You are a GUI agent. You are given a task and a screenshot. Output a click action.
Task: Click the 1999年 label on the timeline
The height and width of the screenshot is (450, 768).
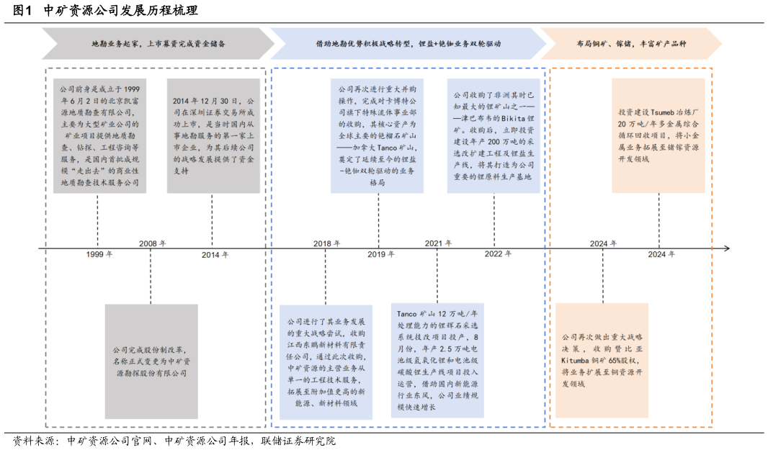pyautogui.click(x=99, y=255)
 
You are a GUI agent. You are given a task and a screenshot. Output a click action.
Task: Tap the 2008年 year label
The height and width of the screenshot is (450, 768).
pyautogui.click(x=152, y=243)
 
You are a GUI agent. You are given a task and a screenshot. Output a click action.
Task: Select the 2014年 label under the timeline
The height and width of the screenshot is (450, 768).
pyautogui.click(x=215, y=255)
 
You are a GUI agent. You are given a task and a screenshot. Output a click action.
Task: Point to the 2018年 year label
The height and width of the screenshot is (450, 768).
pyautogui.click(x=326, y=243)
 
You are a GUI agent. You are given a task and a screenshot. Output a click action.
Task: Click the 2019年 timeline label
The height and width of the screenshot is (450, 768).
pyautogui.click(x=381, y=255)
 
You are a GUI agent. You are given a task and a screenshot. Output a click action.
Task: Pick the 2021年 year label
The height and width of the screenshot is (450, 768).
pyautogui.click(x=438, y=243)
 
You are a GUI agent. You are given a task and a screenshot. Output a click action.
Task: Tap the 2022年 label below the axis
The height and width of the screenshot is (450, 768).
pyautogui.click(x=498, y=255)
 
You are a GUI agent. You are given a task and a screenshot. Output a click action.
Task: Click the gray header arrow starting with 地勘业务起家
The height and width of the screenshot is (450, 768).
pyautogui.click(x=158, y=44)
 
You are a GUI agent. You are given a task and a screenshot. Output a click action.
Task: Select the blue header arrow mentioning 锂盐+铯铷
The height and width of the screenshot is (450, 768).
pyautogui.click(x=408, y=44)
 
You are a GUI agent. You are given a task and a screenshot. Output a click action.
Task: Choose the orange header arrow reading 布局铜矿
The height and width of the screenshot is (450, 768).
pyautogui.click(x=631, y=44)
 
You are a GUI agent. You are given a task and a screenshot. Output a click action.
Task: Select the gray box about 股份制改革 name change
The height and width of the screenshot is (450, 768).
pyautogui.click(x=151, y=361)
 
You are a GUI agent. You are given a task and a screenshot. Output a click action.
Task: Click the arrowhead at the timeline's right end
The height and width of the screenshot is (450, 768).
pyautogui.click(x=725, y=248)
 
